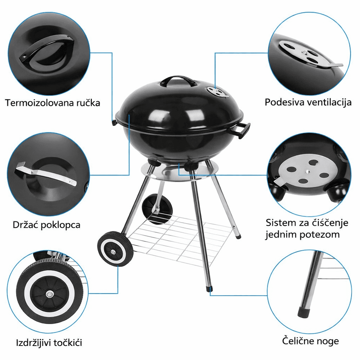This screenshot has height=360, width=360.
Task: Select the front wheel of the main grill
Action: pos(115,249)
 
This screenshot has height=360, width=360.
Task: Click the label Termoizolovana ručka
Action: pos(52,103)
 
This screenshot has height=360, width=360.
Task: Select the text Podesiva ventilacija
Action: pos(308,102)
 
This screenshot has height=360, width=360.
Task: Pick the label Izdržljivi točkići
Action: pos(49,342)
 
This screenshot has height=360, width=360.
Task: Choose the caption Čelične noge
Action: pos(310,341)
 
